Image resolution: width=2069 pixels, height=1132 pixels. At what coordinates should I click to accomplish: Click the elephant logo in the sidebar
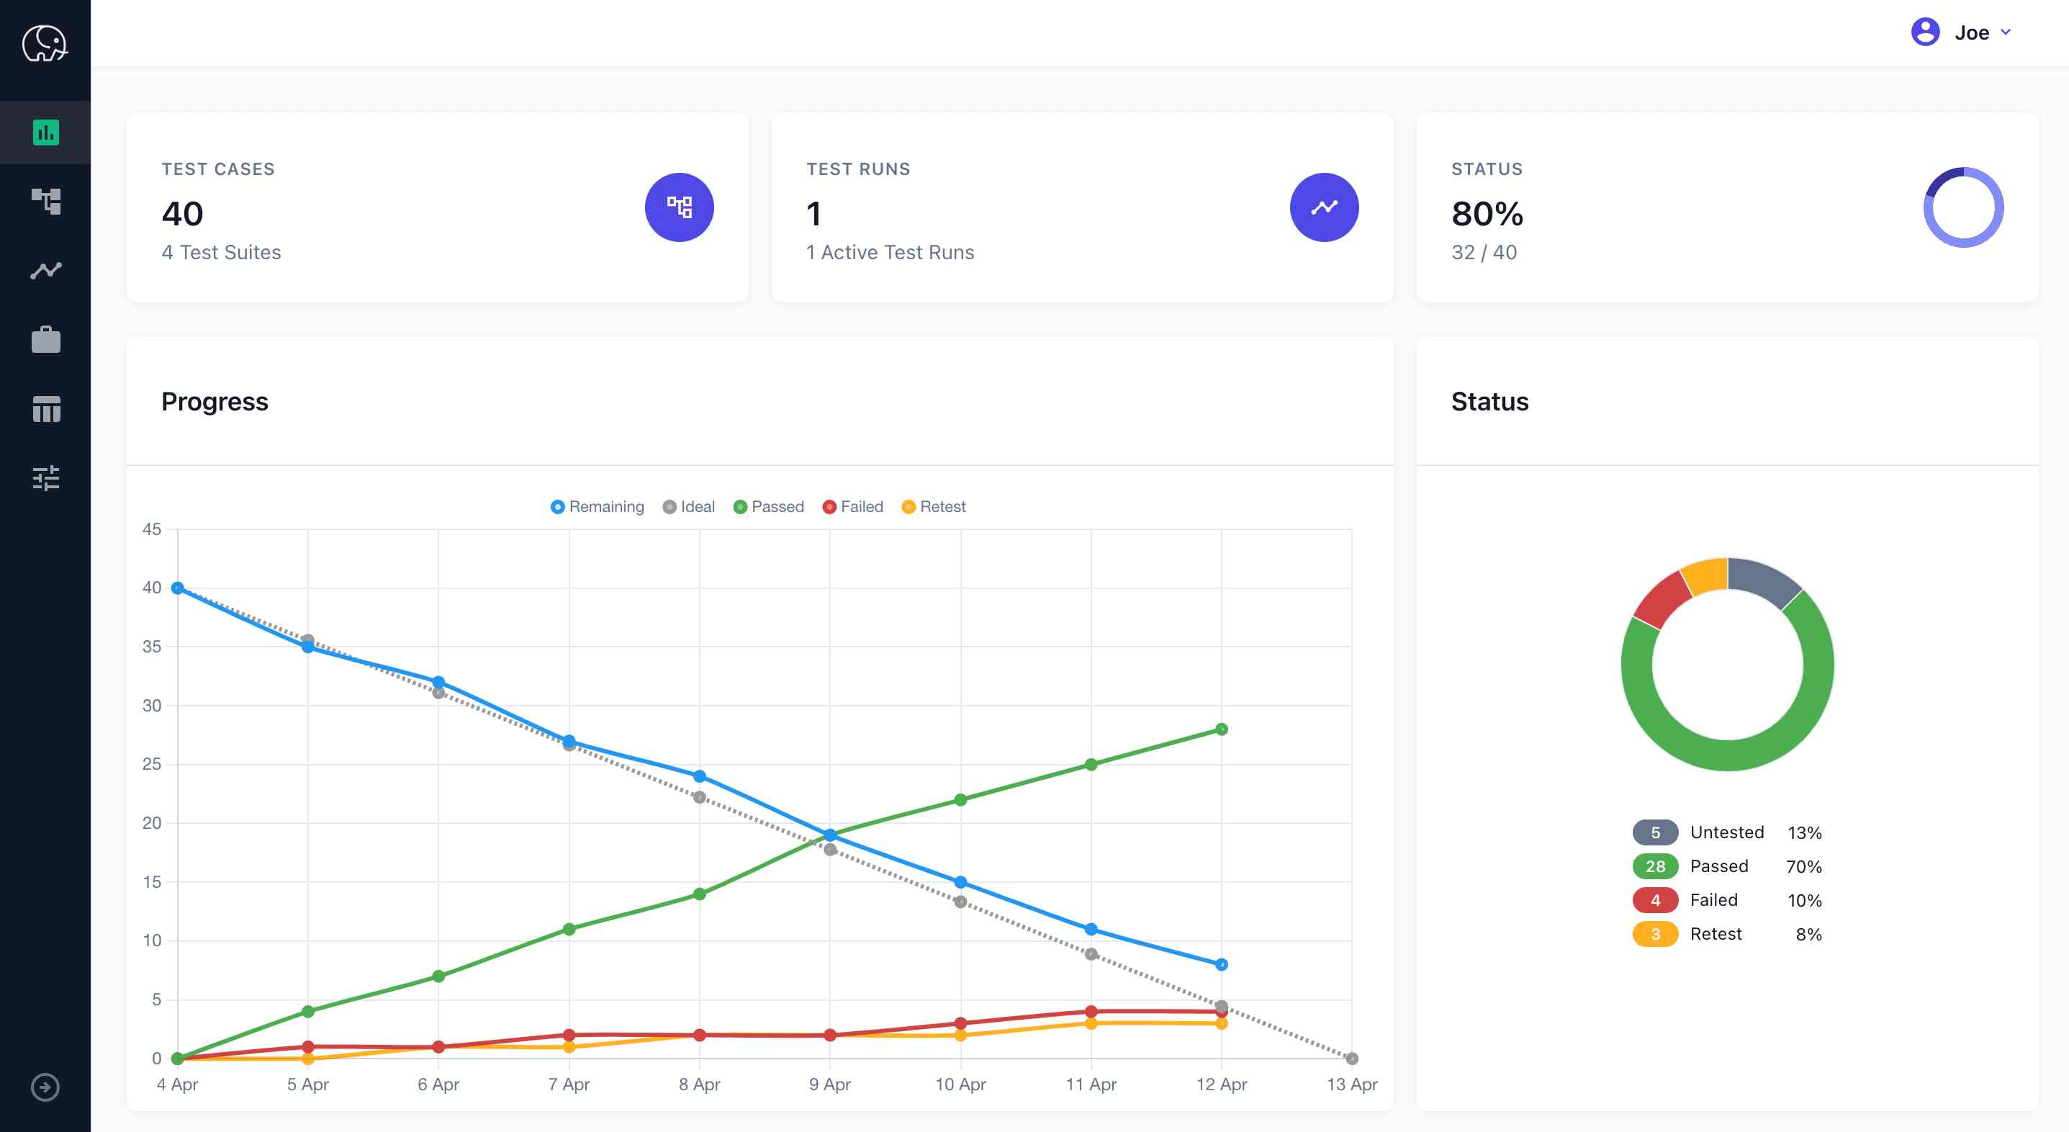coord(45,43)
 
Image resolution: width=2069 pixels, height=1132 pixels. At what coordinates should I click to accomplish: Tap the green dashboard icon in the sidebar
coord(46,132)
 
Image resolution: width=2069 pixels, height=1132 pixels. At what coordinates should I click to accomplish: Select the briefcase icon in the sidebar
coord(46,340)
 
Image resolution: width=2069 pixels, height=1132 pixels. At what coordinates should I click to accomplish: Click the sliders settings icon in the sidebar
coord(46,478)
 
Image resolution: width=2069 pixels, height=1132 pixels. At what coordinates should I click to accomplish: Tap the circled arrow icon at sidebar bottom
coord(45,1087)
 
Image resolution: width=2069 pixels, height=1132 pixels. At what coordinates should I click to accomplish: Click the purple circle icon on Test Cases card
coord(679,207)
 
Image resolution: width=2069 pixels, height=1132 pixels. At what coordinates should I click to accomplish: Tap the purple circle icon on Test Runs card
coord(1324,207)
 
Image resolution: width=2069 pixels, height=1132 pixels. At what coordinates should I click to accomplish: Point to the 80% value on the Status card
coord(1487,214)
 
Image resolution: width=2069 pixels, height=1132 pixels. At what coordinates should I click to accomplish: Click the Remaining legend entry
coord(598,507)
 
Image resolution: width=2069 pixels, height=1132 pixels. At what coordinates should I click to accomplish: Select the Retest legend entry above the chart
coord(934,507)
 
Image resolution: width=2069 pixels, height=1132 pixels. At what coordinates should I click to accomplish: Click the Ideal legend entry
coord(689,507)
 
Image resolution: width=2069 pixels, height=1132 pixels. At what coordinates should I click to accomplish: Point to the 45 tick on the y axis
coord(152,529)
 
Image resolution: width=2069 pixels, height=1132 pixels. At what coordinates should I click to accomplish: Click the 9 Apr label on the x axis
coord(830,1084)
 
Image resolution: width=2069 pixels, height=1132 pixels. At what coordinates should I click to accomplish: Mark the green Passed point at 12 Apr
coord(1221,729)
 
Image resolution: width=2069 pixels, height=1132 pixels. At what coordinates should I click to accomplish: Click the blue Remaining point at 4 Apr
coord(178,588)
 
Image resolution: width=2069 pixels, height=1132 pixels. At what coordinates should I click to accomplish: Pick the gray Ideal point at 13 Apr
coord(1352,1058)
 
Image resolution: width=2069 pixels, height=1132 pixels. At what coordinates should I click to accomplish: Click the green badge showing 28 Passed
coord(1654,866)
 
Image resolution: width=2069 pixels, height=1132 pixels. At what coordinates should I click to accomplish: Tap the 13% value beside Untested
coord(1804,832)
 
